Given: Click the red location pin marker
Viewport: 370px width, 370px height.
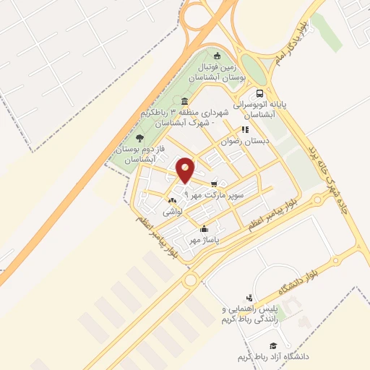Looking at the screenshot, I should coord(186,171).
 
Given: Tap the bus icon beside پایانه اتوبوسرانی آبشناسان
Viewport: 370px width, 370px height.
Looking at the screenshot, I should coord(259,94).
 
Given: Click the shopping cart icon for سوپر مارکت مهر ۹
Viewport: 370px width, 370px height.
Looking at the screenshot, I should coord(214,184).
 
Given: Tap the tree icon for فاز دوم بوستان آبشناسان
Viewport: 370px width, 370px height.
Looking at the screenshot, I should coord(139,137).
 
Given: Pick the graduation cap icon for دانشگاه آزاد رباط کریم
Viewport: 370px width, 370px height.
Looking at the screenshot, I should coord(272,346).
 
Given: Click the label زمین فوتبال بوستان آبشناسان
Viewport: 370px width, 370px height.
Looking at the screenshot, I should coord(218,71).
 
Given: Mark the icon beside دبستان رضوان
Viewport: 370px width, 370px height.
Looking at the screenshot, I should coord(245,130).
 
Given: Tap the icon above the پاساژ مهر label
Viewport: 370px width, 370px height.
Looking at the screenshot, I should coord(207,228).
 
